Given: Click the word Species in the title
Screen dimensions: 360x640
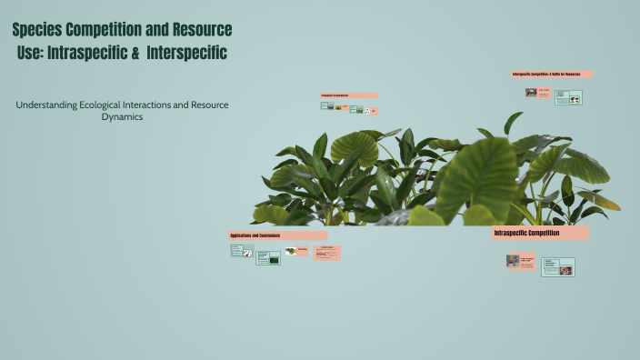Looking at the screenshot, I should click(39, 31).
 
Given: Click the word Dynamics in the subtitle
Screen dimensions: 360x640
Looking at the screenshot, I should click(122, 117).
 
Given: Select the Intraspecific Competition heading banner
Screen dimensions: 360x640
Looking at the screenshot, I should click(540, 234).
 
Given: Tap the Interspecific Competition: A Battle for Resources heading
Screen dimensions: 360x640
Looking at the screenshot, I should click(552, 75).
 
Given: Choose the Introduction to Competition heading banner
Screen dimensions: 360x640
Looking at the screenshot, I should click(348, 95).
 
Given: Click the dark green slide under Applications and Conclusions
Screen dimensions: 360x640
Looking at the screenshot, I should click(267, 258).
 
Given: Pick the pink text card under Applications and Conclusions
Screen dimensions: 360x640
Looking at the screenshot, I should click(327, 253).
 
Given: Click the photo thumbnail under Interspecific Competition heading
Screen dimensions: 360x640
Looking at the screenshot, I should click(531, 92).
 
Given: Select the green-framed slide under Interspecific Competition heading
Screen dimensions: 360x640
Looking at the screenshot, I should click(568, 97).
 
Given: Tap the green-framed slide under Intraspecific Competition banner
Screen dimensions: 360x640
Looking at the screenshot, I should click(558, 266).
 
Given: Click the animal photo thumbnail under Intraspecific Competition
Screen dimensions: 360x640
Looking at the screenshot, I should click(514, 261).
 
